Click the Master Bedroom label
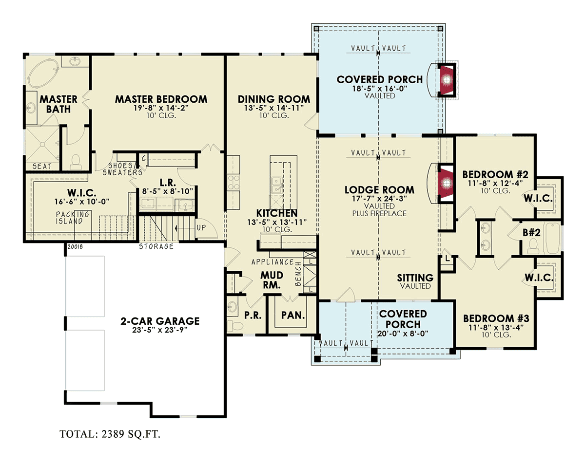(x=161, y=99)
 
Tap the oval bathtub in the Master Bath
(x=43, y=73)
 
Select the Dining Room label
(x=274, y=99)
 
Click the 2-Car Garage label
(x=160, y=321)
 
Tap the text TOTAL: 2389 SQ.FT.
(x=110, y=434)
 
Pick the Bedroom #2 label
(x=495, y=174)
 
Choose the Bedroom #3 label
(x=496, y=318)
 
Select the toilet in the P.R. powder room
(x=233, y=326)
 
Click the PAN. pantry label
(x=293, y=315)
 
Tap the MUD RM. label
(x=272, y=280)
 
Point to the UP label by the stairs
(x=201, y=228)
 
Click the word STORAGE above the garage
(x=156, y=246)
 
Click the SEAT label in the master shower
(x=42, y=166)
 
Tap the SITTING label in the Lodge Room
(x=415, y=278)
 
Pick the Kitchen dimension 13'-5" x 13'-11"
(x=277, y=223)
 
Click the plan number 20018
(x=75, y=247)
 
